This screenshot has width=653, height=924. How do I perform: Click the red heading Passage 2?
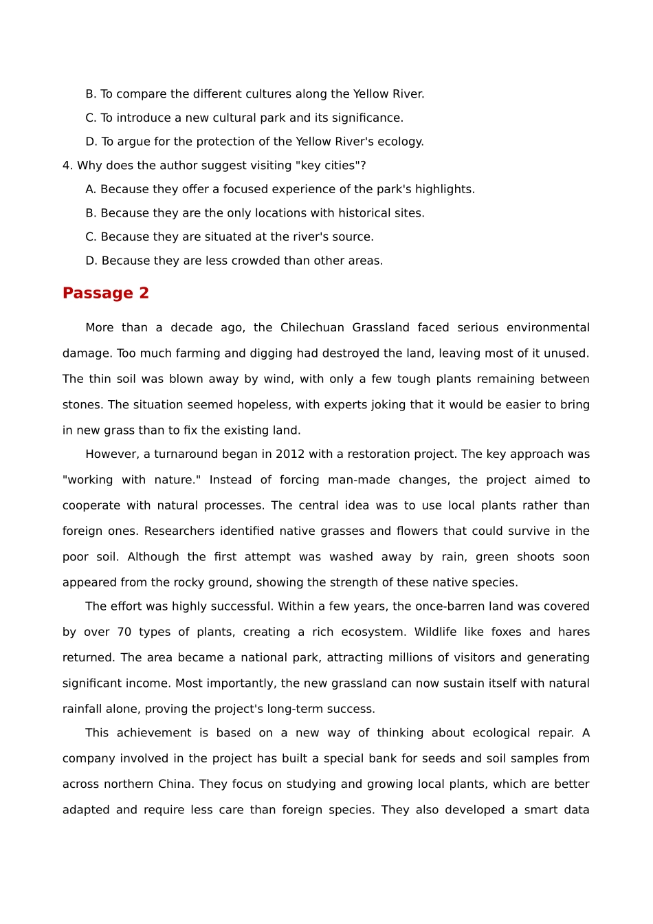tap(105, 293)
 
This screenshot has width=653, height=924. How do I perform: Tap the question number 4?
tap(66, 166)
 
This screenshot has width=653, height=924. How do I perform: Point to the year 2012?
tap(290, 454)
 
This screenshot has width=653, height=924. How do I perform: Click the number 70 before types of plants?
tap(124, 632)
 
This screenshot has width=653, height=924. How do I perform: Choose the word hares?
tap(574, 632)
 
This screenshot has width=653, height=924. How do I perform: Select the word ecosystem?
tap(374, 632)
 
